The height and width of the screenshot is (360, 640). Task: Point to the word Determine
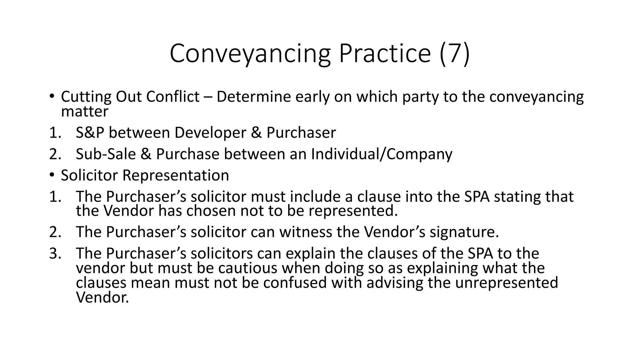tap(253, 97)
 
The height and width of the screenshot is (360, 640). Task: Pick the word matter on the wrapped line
tap(84, 112)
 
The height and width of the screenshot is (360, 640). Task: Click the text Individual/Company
tap(381, 154)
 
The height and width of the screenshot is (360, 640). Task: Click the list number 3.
tap(55, 253)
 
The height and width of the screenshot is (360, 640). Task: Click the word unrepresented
tap(506, 283)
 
